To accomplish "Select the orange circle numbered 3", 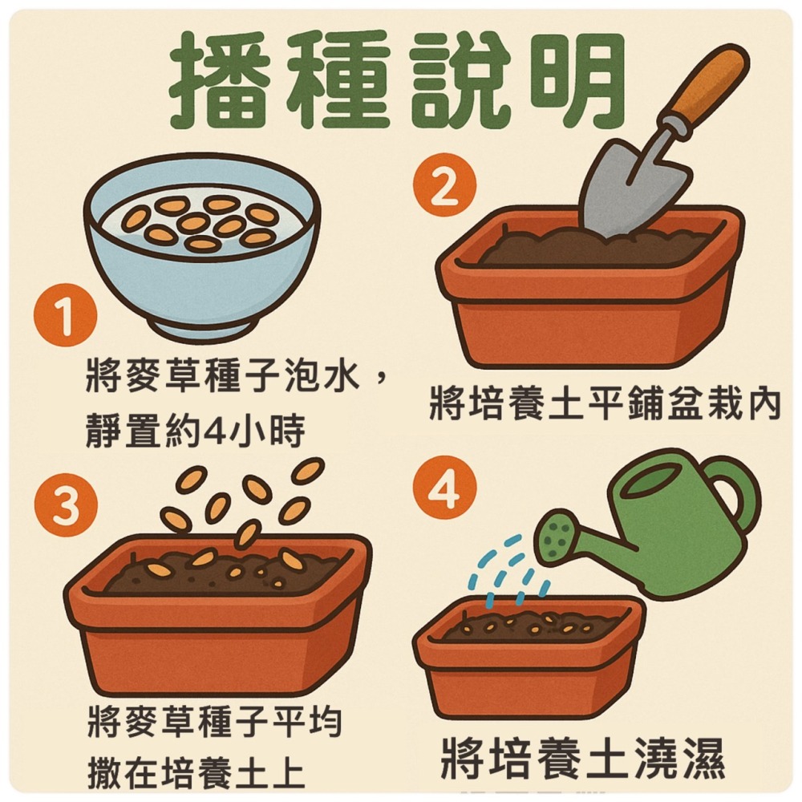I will pos(65,506).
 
